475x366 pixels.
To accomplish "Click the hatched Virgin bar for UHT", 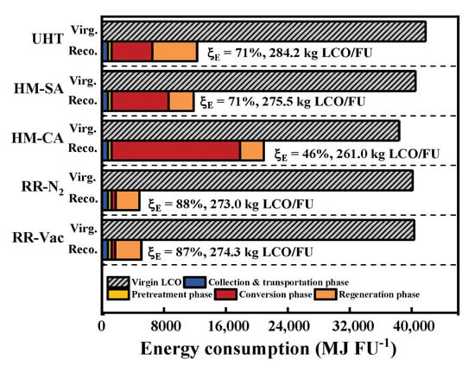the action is pyautogui.click(x=264, y=31).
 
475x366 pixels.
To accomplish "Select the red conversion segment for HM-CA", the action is pyautogui.click(x=175, y=151).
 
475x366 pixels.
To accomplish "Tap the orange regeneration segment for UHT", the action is pyautogui.click(x=175, y=52).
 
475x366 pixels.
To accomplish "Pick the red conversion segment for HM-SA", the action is pyautogui.click(x=140, y=101).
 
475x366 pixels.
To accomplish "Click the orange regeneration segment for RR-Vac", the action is pyautogui.click(x=129, y=250).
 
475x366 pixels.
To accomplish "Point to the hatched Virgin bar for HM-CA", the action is pyautogui.click(x=251, y=131).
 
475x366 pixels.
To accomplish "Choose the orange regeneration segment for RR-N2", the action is pyautogui.click(x=128, y=200).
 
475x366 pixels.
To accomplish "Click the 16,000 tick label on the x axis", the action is pyautogui.click(x=226, y=326).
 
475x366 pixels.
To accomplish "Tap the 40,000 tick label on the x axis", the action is pyautogui.click(x=412, y=326).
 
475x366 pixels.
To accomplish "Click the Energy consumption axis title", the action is pyautogui.click(x=269, y=349).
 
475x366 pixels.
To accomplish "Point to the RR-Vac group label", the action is pyautogui.click(x=38, y=238).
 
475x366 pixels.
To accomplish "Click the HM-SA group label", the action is pyautogui.click(x=39, y=89).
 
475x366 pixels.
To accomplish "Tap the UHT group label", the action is pyautogui.click(x=47, y=39).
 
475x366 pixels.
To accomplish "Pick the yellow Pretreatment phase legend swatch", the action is pyautogui.click(x=118, y=294).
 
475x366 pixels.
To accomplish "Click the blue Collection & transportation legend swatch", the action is pyautogui.click(x=195, y=282).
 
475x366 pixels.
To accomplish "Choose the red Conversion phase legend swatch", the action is pyautogui.click(x=225, y=294).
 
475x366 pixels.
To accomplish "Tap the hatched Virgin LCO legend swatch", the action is pyautogui.click(x=118, y=282).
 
